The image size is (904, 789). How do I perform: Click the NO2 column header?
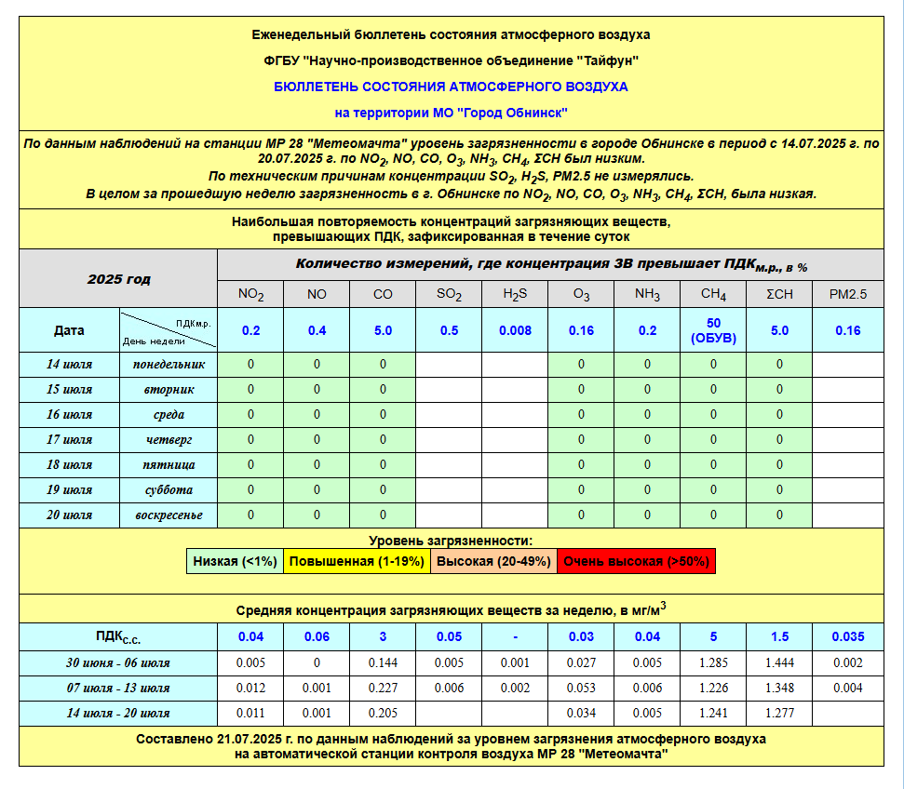pos(250,294)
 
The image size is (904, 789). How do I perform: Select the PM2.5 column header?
pos(847,294)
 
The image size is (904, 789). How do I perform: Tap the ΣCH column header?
pos(779,294)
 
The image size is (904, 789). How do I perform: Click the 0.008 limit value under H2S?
pos(515,330)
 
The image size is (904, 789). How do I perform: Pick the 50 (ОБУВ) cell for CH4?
pos(713,330)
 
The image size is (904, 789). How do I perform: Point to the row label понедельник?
pos(169,364)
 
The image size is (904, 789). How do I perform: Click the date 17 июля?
pos(70,439)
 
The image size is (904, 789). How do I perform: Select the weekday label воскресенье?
pos(169,515)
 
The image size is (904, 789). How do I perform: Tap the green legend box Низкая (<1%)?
pos(235,561)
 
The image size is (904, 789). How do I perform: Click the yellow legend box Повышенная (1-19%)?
pos(357,561)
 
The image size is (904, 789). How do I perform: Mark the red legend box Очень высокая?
pos(636,561)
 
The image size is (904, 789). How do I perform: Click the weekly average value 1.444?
pos(779,662)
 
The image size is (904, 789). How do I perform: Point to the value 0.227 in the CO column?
pos(383,688)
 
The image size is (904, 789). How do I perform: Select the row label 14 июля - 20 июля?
pos(118,713)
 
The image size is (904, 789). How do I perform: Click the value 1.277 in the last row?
pos(779,713)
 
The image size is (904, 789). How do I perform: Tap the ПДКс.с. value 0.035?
pos(847,636)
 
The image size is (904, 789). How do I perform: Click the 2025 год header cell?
pos(118,278)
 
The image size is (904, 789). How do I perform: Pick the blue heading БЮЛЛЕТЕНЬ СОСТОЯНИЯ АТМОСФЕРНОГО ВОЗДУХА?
pos(451,87)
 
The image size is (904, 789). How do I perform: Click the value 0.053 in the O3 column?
pos(581,688)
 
